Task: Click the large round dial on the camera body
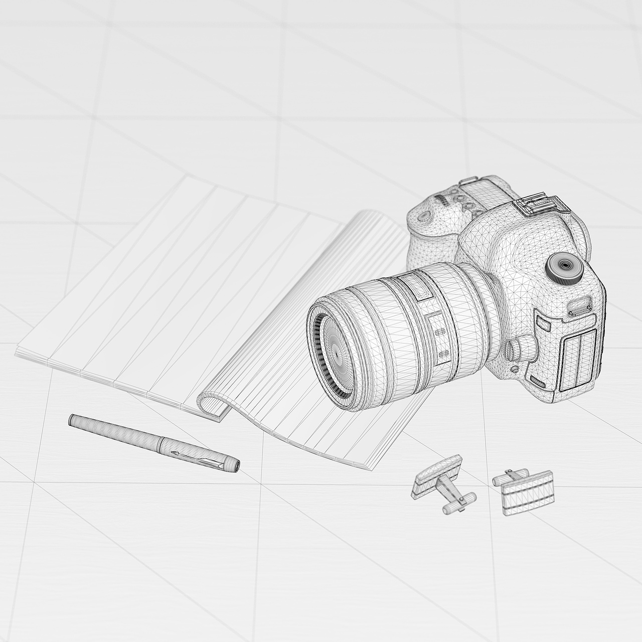point(565,266)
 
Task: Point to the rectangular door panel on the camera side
point(579,359)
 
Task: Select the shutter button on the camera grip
point(424,216)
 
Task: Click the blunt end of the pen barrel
point(73,420)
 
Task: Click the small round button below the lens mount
point(515,369)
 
